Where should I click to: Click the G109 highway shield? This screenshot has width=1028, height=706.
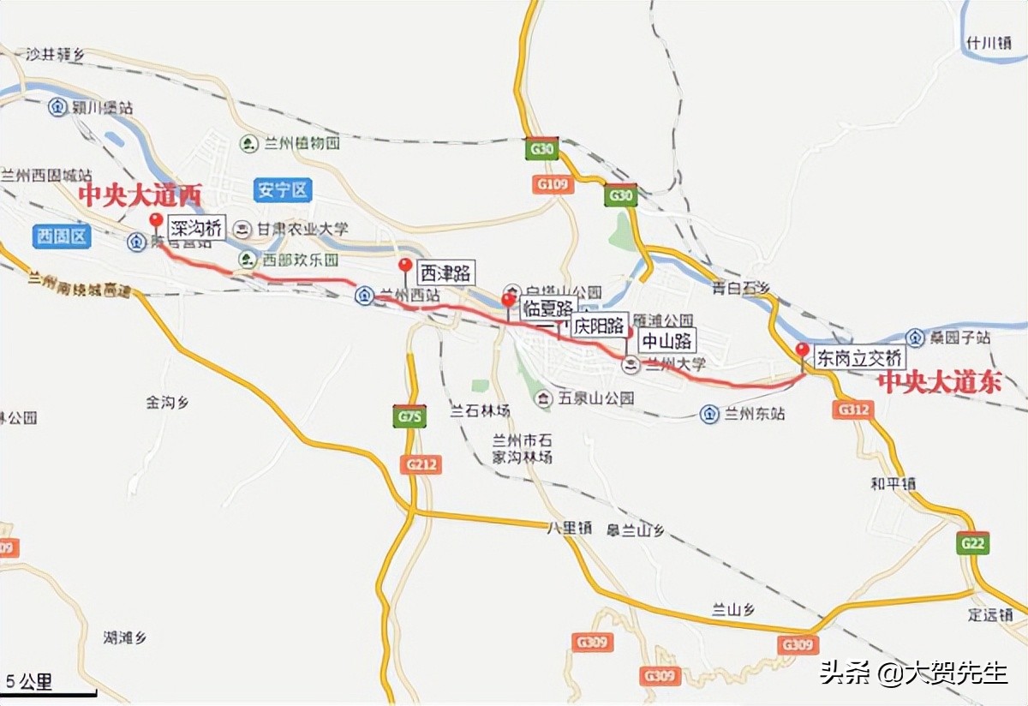552,183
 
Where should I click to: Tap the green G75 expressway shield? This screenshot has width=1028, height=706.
410,416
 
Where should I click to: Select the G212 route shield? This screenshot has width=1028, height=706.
421,464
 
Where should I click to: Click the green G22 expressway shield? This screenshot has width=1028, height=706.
973,543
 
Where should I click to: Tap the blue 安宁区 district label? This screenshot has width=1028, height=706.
283,190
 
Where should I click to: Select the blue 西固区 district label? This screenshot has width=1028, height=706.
62,236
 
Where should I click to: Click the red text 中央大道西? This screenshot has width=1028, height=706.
140,195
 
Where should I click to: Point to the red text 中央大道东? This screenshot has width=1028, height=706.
941,382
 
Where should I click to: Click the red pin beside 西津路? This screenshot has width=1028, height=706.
405,266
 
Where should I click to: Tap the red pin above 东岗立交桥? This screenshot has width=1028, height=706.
802,350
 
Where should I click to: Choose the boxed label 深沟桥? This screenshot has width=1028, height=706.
196,228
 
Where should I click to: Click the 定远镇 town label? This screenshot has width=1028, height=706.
990,614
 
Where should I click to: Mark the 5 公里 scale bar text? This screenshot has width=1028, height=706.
30,682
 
